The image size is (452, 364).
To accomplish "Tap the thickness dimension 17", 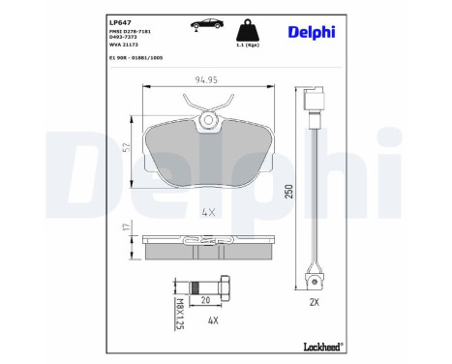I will pos(126,228).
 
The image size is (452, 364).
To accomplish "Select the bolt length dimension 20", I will pos(205,300).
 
